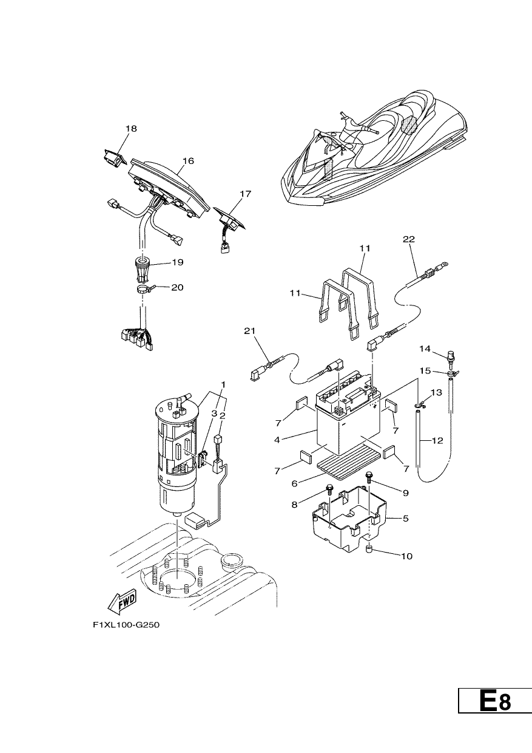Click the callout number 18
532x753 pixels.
(x=131, y=128)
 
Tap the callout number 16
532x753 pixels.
(x=189, y=161)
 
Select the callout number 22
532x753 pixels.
(x=409, y=239)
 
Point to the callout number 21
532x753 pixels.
(x=249, y=331)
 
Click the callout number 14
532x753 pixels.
(x=425, y=349)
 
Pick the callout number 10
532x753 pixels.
(x=406, y=556)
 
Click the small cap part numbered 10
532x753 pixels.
(x=369, y=550)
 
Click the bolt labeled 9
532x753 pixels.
(x=369, y=477)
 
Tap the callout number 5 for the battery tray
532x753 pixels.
(x=406, y=519)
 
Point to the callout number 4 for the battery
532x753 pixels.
(x=277, y=440)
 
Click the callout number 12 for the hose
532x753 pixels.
(x=437, y=440)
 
